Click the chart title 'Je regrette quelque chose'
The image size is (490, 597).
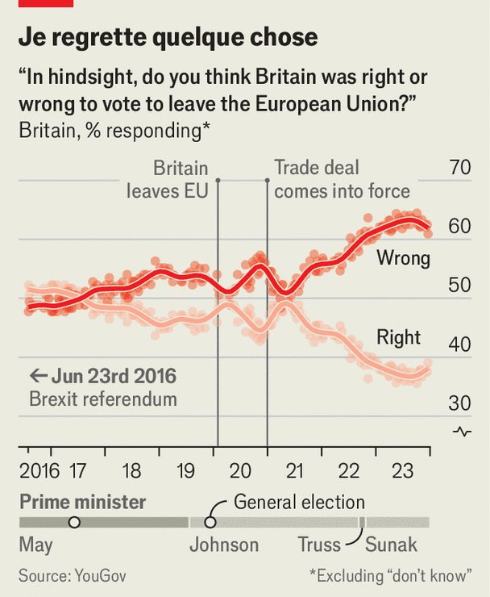(x=168, y=38)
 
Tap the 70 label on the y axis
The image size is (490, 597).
(x=459, y=168)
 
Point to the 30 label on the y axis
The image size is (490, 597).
(x=459, y=403)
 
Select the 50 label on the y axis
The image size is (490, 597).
(x=459, y=285)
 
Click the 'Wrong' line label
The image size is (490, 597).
(x=404, y=258)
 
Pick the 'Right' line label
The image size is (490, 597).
(x=398, y=337)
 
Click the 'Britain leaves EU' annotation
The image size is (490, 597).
(x=168, y=180)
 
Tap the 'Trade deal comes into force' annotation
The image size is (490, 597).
(x=342, y=180)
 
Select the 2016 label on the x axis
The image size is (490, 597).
(x=39, y=471)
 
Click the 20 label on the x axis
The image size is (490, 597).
(x=240, y=471)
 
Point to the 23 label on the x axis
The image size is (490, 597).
(x=402, y=471)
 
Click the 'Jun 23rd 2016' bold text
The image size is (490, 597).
(x=114, y=376)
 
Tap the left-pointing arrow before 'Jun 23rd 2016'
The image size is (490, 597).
(x=39, y=376)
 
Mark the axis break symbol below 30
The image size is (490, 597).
(x=462, y=432)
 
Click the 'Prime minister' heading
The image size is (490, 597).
(x=82, y=502)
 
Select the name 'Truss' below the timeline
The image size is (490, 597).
(x=319, y=545)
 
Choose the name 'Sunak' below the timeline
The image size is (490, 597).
(x=391, y=545)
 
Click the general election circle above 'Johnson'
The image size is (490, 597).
(x=210, y=522)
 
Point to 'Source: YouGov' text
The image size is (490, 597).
(x=73, y=575)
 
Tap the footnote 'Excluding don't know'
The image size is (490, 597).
(x=390, y=575)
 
